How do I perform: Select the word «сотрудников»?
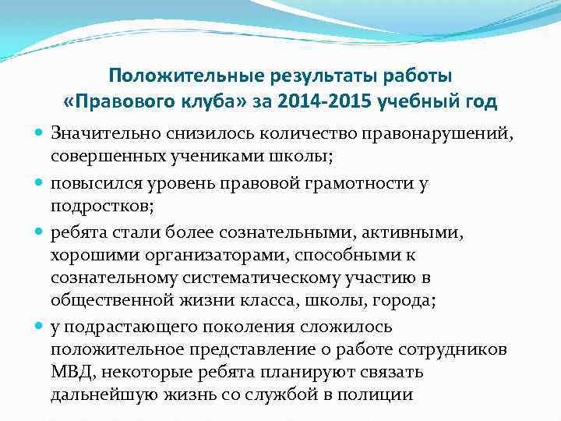(455, 350)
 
